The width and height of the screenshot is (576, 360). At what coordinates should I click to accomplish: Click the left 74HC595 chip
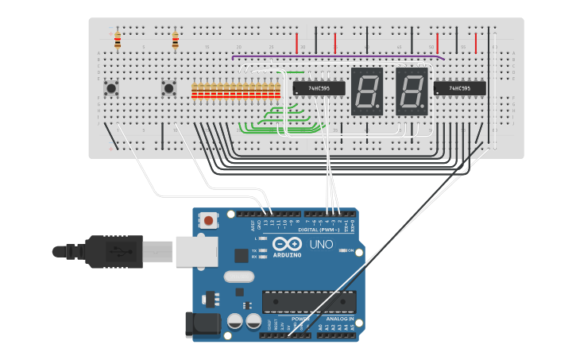click(319, 88)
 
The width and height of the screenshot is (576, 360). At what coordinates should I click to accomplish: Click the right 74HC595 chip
click(459, 88)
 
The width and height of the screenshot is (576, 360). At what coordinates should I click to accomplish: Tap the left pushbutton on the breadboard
click(112, 88)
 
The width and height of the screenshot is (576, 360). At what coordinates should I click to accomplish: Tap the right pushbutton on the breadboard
click(168, 88)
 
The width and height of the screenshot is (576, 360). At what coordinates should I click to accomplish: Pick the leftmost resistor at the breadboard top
click(118, 40)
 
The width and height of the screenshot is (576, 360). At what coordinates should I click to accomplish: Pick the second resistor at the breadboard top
click(175, 40)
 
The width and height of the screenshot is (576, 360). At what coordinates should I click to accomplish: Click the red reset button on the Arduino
click(208, 220)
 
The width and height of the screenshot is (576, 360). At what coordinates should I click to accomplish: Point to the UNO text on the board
click(321, 244)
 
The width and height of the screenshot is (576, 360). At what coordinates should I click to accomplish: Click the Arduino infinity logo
click(287, 244)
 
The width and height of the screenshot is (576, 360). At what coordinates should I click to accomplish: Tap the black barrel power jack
click(200, 323)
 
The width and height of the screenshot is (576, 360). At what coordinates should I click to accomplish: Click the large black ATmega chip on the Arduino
click(309, 302)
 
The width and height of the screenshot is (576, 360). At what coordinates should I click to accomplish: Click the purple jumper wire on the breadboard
click(334, 56)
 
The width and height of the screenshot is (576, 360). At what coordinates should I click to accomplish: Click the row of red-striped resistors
click(236, 91)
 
